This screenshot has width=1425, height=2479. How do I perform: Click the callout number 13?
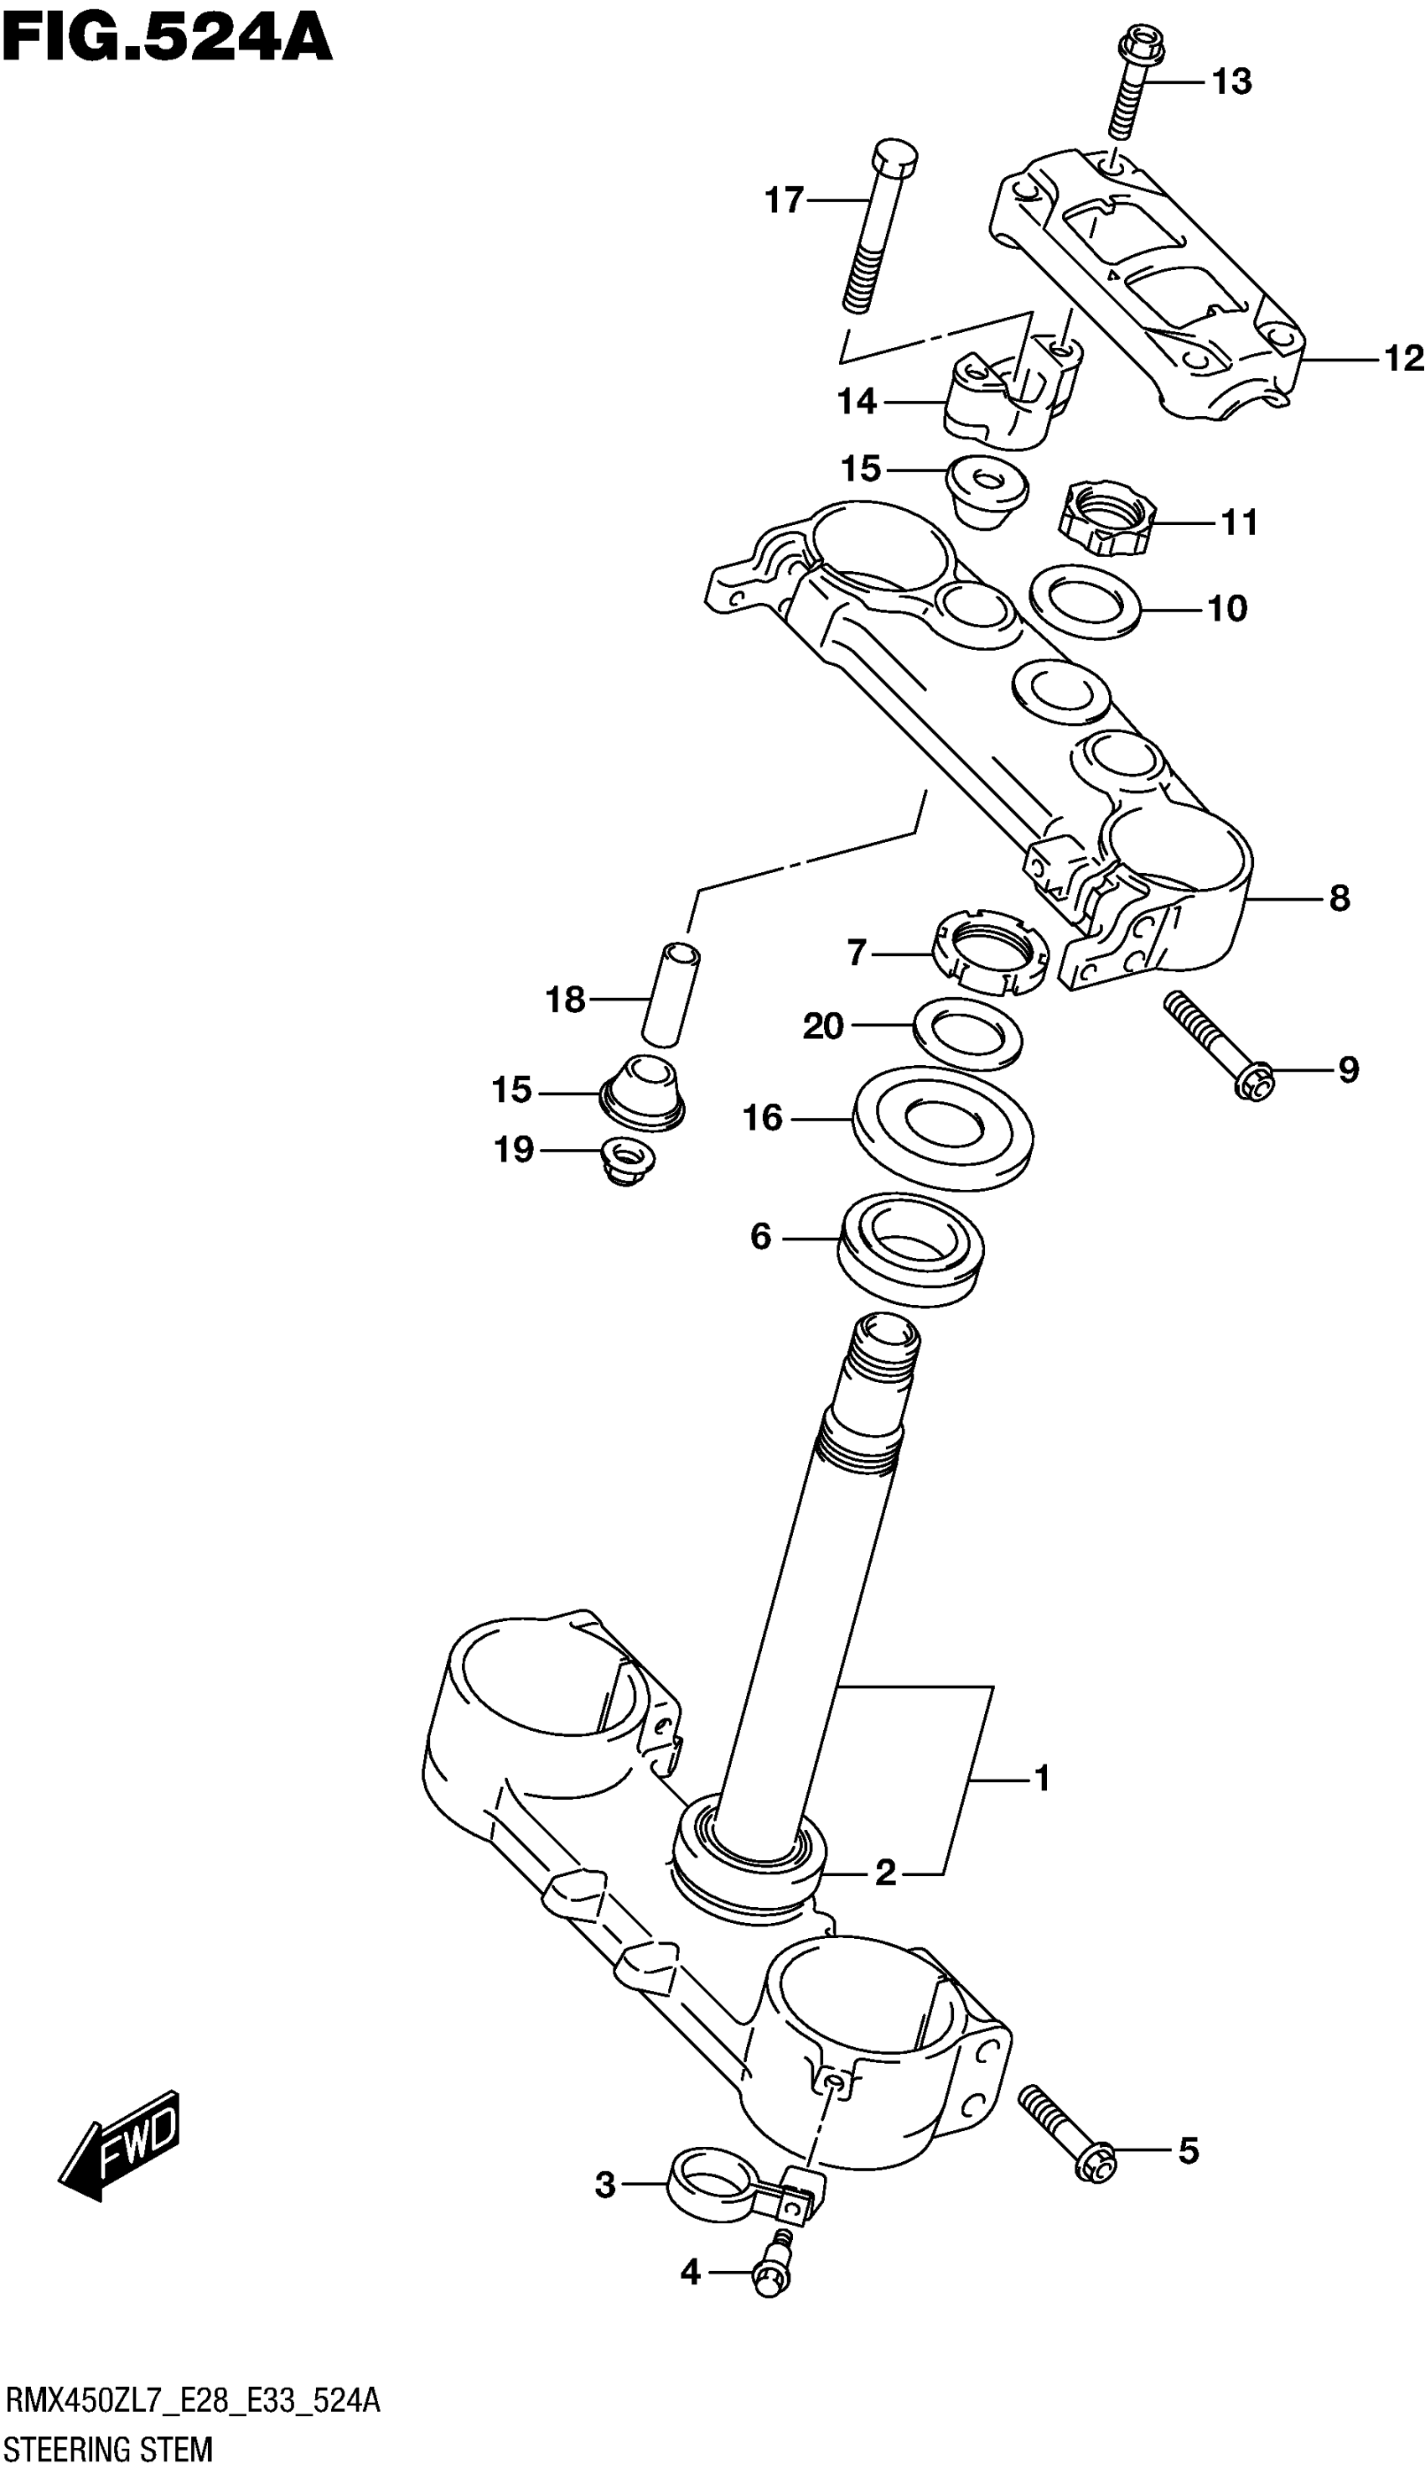[1231, 82]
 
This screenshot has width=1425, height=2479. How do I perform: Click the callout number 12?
[1402, 359]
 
